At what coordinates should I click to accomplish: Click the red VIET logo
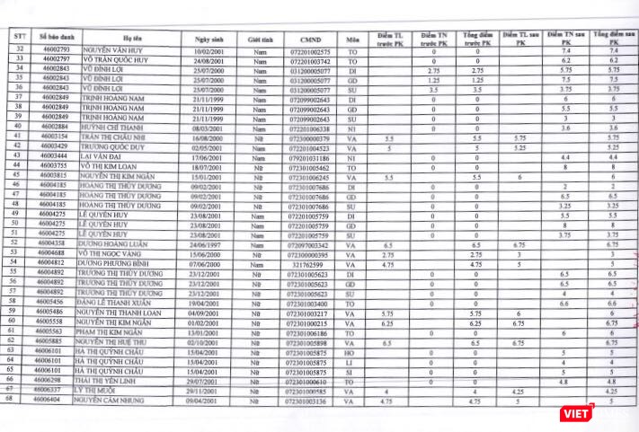pos(574,411)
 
